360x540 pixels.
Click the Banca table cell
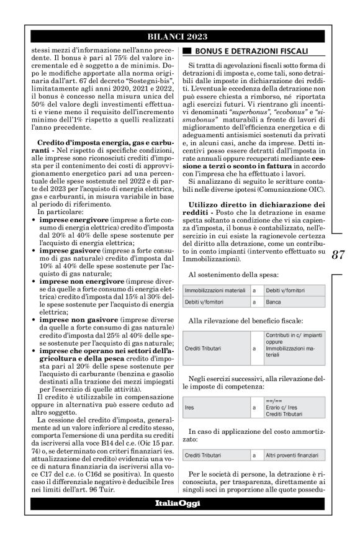(275, 302)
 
